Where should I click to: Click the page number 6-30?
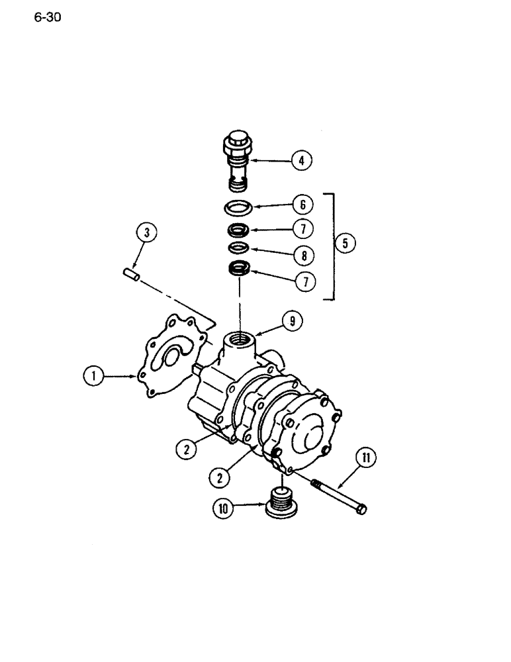(x=47, y=18)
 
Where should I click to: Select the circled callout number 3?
(x=146, y=232)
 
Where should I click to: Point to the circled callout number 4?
(x=301, y=160)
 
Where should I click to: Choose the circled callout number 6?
(x=301, y=206)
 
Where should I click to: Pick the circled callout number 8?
(x=301, y=254)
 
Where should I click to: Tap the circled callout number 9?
(x=291, y=321)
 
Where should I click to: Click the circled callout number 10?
(x=223, y=508)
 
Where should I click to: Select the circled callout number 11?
(x=365, y=457)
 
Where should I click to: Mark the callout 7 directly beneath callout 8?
(x=301, y=280)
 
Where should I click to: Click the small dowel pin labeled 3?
(x=130, y=274)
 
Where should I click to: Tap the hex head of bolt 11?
(x=360, y=509)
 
